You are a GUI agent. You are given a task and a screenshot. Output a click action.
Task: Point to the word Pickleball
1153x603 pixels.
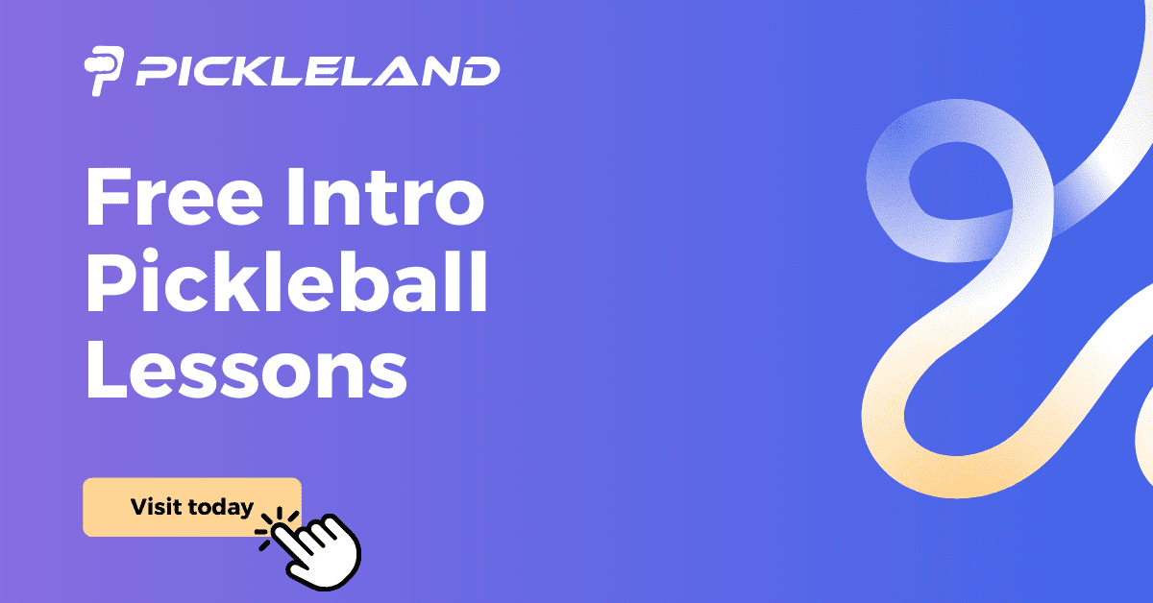(x=285, y=285)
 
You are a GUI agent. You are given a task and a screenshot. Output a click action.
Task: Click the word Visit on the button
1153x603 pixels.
(x=158, y=507)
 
